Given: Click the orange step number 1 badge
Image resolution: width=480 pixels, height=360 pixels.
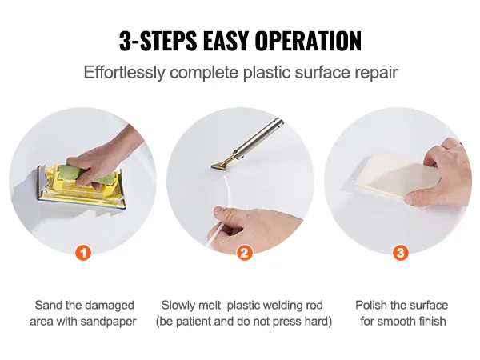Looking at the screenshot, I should pos(83,253).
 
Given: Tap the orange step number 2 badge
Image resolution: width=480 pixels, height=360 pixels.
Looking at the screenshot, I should pos(245,253).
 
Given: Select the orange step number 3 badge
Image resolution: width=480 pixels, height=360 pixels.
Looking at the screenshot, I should pos(401,253).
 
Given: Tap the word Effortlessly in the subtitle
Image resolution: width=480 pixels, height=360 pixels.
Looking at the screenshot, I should pos(125,72).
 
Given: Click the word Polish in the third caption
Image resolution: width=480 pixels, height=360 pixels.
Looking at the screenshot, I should pos(373,306).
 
